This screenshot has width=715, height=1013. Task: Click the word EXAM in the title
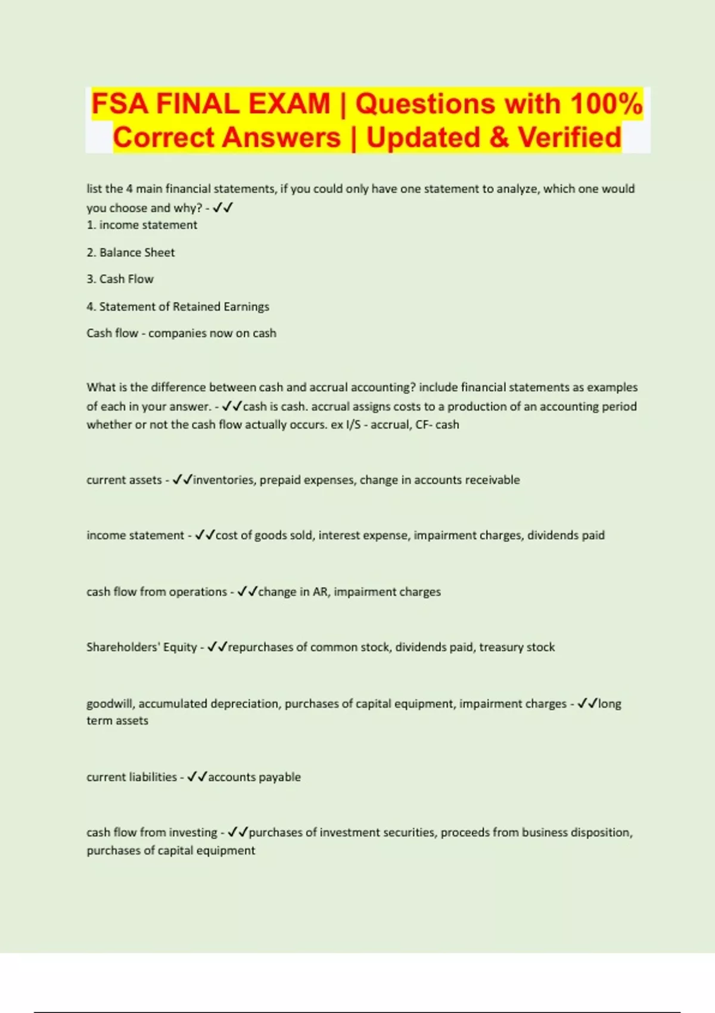coord(289,104)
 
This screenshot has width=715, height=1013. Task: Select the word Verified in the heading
coord(569,138)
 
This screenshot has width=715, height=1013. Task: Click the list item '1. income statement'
coord(142,225)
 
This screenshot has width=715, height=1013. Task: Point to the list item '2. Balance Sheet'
coord(130,253)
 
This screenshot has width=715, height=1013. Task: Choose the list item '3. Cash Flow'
coord(120,279)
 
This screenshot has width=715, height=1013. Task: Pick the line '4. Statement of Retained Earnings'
coord(178,306)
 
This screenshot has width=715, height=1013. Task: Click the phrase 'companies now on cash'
coord(212,333)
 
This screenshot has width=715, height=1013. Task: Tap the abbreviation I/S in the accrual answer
coord(353,425)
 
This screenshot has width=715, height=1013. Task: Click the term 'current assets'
coord(124,480)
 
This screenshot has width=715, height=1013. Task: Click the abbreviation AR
coord(320,592)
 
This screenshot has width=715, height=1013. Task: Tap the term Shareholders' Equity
coord(141,647)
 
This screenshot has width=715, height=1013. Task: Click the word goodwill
coord(110,704)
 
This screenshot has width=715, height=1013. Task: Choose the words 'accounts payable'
coord(254,777)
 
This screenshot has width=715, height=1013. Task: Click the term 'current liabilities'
coord(131,777)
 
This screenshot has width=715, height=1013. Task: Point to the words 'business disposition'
coord(576,832)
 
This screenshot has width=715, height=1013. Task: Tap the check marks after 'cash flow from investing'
coord(238,832)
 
